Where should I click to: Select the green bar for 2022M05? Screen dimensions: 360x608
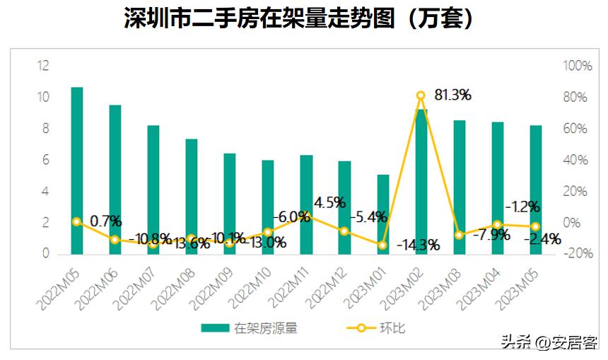pyautogui.click(x=76, y=170)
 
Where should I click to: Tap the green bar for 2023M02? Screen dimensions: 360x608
pyautogui.click(x=421, y=181)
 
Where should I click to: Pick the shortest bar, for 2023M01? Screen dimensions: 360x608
pyautogui.click(x=382, y=214)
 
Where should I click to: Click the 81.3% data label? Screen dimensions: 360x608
pyautogui.click(x=448, y=95)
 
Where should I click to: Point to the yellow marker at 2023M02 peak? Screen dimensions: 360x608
pyautogui.click(x=421, y=95)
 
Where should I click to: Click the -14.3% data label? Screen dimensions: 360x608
pyautogui.click(x=418, y=245)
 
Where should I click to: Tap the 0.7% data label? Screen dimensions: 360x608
pyautogui.click(x=106, y=221)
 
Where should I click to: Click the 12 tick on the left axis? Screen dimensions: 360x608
pyautogui.click(x=43, y=66)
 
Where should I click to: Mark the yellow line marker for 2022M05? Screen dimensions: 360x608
pyautogui.click(x=76, y=221)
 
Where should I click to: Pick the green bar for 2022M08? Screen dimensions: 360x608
pyautogui.click(x=192, y=196)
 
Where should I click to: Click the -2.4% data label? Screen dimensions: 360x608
pyautogui.click(x=542, y=239)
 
